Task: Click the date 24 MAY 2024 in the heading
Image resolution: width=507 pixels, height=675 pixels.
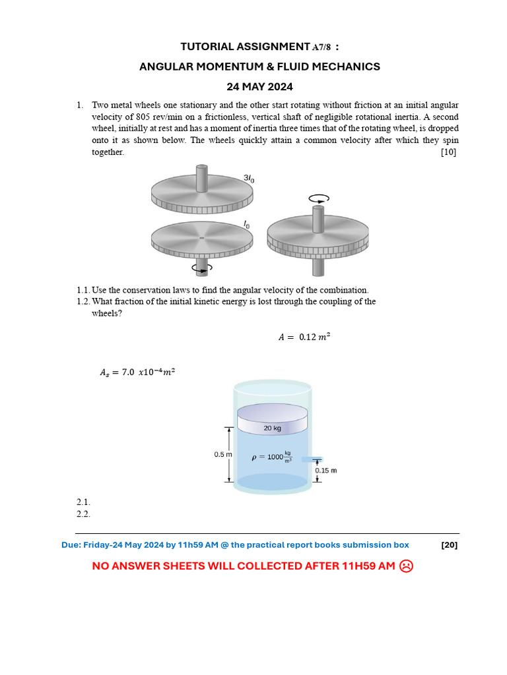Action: click(259, 86)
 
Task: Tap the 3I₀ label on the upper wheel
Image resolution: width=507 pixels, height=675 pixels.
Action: click(249, 178)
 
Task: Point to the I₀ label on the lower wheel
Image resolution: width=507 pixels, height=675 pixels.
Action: click(246, 225)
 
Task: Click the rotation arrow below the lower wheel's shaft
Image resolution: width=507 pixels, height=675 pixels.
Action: click(201, 267)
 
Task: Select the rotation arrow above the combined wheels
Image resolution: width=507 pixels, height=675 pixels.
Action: click(318, 197)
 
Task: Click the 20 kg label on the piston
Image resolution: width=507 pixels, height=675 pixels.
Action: click(272, 428)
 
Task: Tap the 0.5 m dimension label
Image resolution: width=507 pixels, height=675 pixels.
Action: click(222, 454)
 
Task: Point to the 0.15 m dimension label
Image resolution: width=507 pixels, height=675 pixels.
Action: click(325, 471)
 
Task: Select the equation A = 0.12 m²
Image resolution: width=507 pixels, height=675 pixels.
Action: click(304, 337)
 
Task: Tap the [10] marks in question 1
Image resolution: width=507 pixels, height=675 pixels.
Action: click(448, 152)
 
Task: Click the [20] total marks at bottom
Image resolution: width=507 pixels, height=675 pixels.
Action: click(449, 545)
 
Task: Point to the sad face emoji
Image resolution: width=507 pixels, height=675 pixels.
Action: click(407, 566)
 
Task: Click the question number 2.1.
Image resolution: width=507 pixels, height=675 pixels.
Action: click(83, 502)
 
